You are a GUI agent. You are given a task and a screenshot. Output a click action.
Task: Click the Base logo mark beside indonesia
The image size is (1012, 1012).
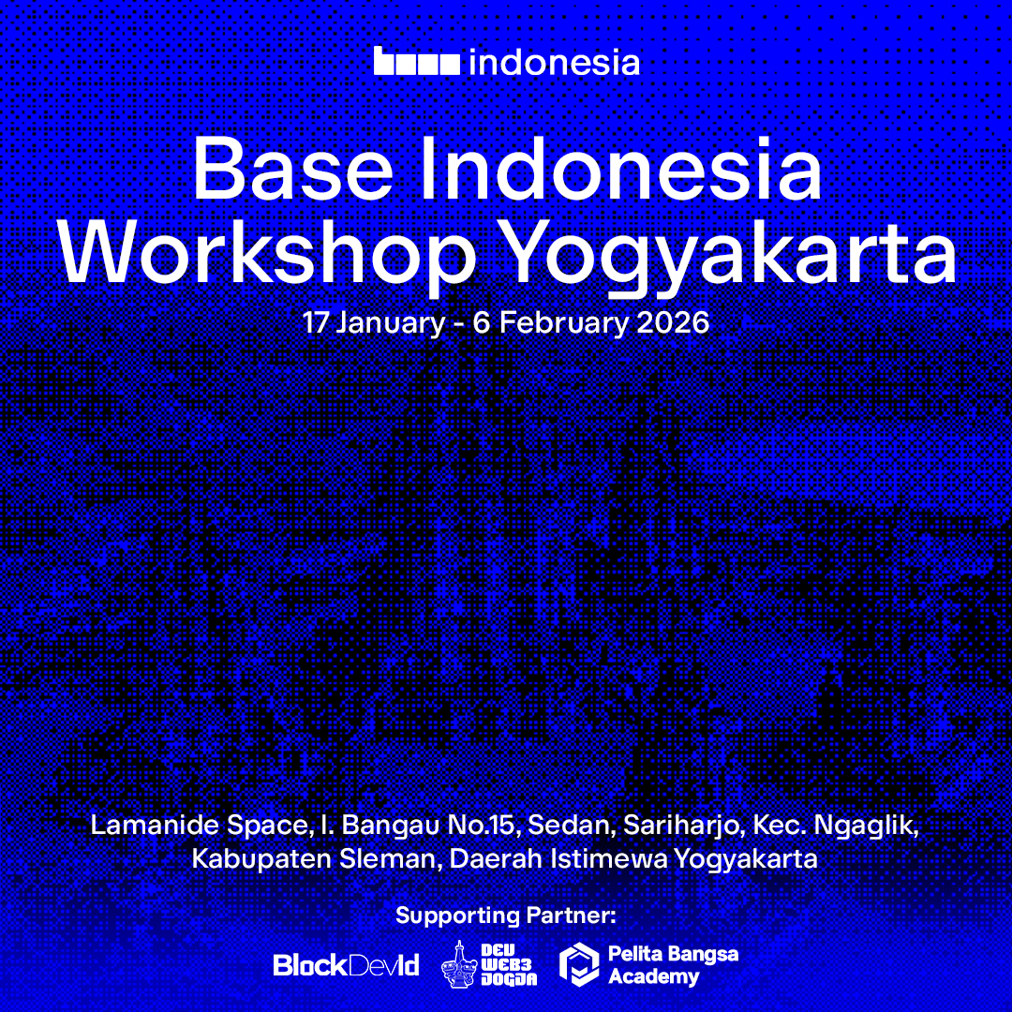click(x=417, y=62)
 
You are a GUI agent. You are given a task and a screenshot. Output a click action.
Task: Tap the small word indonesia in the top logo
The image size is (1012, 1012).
click(x=554, y=62)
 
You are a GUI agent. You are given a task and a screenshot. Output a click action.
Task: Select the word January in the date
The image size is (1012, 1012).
click(x=391, y=324)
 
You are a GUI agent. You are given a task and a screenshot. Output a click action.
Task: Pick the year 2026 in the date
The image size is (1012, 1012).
click(x=673, y=323)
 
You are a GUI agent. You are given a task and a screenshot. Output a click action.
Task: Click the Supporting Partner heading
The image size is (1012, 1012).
click(x=506, y=915)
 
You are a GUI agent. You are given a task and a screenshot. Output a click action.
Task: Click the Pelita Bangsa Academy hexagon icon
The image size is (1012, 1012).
click(x=579, y=966)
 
